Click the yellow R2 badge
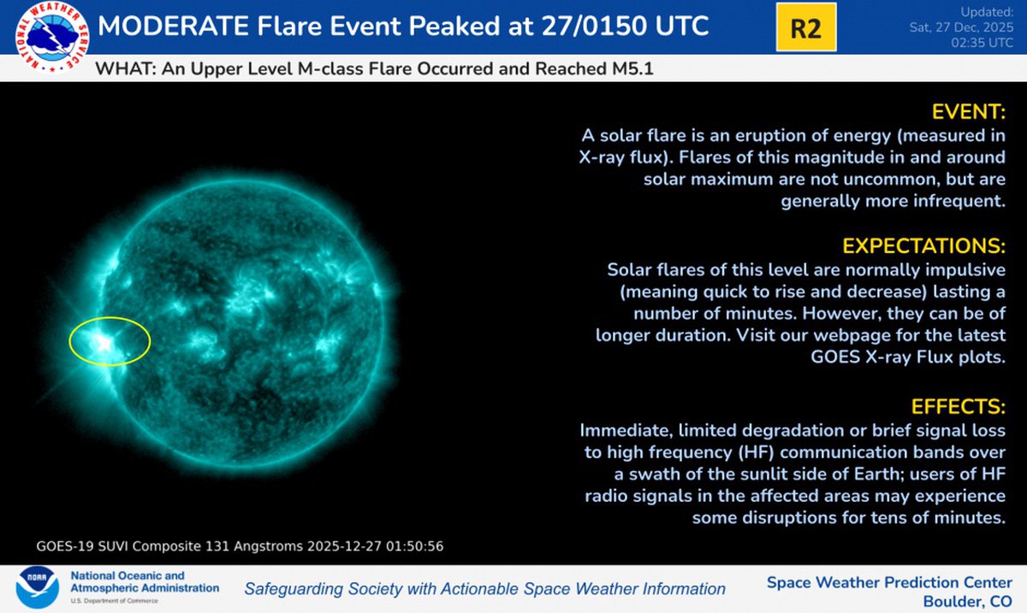click(x=806, y=27)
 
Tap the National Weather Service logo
click(x=52, y=37)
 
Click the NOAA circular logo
click(x=37, y=588)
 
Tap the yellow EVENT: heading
click(x=969, y=112)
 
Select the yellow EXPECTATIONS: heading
click(x=923, y=246)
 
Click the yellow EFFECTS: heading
click(x=959, y=406)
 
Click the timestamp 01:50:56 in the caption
click(x=414, y=546)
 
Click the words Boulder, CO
click(x=967, y=601)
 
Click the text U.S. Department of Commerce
click(x=114, y=601)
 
